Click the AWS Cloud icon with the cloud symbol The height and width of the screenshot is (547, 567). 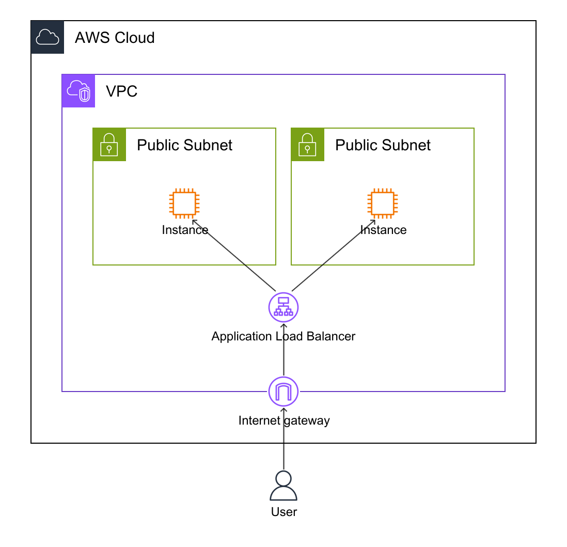pos(48,37)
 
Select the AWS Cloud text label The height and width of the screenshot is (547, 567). pos(115,38)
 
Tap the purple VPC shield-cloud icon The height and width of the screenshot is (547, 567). pos(78,91)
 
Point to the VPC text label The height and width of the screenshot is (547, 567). pos(121,91)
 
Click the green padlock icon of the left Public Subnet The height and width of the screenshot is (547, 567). pos(109,145)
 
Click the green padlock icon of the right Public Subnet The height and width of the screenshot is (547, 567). pos(308,145)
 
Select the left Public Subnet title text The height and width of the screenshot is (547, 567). pos(184,145)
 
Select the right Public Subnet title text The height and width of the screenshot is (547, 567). pos(383,145)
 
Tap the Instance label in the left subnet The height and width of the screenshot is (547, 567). pos(184,230)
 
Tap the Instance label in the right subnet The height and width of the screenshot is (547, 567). pos(383,230)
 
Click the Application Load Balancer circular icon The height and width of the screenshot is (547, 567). pos(283,307)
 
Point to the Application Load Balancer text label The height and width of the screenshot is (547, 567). pos(283,336)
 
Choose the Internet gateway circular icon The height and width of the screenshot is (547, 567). pos(283,392)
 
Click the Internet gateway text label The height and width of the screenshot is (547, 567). pos(283,420)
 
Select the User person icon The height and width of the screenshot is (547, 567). pos(283,486)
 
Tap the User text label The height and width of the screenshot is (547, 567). pos(283,512)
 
